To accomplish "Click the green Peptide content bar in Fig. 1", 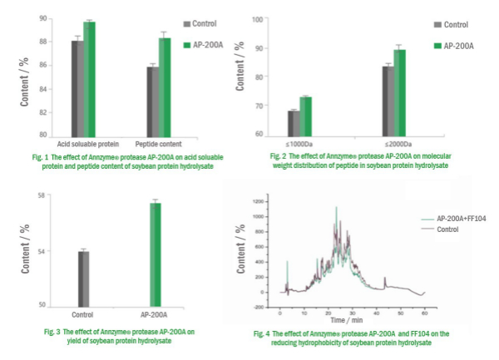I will (164, 87).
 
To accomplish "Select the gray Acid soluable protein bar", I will (77, 87).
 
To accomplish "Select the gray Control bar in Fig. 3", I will (83, 279).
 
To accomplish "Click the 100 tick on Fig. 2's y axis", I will (280, 19).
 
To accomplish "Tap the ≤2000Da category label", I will (395, 144).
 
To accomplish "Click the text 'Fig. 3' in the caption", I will (52, 332).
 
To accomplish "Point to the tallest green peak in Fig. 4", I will (336, 209).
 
